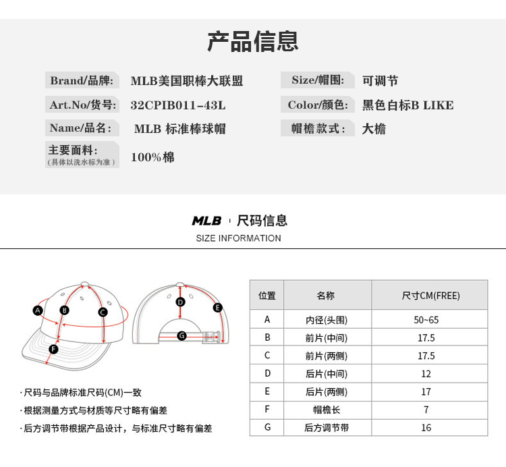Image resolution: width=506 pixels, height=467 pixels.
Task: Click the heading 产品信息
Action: click(x=252, y=42)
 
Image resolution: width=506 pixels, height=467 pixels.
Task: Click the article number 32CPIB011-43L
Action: click(x=177, y=105)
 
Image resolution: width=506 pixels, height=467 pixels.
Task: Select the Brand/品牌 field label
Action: click(x=82, y=80)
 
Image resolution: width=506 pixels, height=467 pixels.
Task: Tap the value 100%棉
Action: click(x=152, y=157)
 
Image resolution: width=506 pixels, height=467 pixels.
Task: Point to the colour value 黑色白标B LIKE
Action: click(x=407, y=105)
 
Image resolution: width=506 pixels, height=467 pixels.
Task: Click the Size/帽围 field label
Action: click(x=317, y=80)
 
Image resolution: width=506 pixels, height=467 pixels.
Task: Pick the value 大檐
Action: click(x=374, y=128)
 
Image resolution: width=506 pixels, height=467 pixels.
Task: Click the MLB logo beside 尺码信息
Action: click(x=206, y=221)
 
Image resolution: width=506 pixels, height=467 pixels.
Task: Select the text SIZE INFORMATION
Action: click(x=238, y=238)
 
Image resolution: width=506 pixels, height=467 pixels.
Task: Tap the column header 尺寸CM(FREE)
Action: click(x=430, y=296)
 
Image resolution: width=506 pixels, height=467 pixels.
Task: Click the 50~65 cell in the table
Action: click(x=426, y=320)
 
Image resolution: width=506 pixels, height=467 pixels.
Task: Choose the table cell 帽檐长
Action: click(x=326, y=410)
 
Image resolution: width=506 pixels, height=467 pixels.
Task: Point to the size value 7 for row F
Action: click(x=426, y=410)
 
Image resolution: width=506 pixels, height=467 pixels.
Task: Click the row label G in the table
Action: click(x=267, y=428)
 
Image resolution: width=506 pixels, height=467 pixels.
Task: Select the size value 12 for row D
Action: click(x=426, y=374)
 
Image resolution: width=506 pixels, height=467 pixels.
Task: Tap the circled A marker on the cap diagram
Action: click(x=38, y=310)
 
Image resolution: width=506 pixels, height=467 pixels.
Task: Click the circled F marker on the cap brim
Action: click(x=53, y=349)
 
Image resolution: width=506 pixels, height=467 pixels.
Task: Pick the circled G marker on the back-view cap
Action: click(x=181, y=335)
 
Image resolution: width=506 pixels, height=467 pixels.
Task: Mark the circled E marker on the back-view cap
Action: click(x=218, y=308)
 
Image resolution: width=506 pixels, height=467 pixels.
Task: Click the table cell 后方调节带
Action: click(x=326, y=428)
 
